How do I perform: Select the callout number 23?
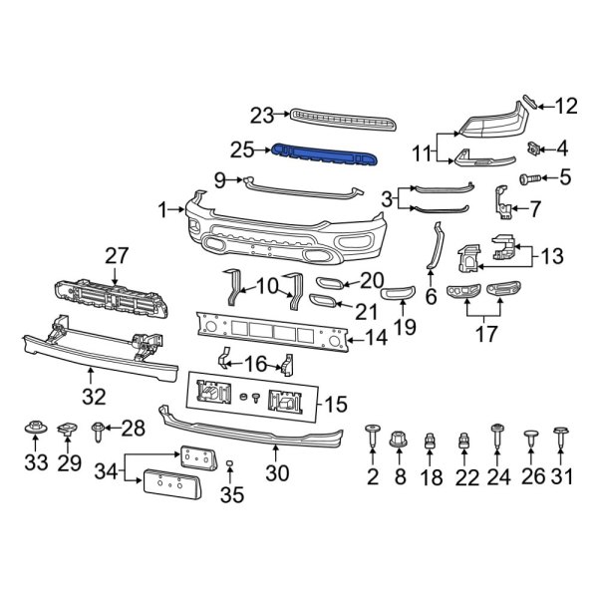click(x=262, y=116)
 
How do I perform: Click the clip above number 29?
click(x=69, y=430)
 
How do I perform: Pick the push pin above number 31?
click(x=561, y=435)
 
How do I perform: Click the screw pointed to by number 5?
click(x=530, y=179)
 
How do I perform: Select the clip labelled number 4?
click(x=534, y=149)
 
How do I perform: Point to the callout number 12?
click(x=566, y=105)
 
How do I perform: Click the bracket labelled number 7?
click(x=505, y=204)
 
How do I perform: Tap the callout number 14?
click(x=377, y=338)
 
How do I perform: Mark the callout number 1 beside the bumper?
click(x=162, y=209)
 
